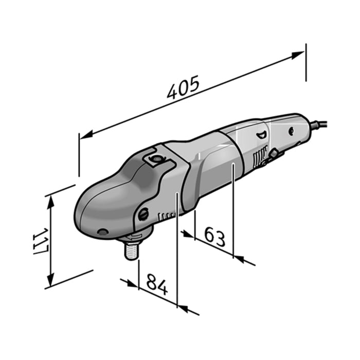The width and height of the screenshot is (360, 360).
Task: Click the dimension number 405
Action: pos(183,88)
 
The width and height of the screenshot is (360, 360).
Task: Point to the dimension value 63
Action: pos(215,236)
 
